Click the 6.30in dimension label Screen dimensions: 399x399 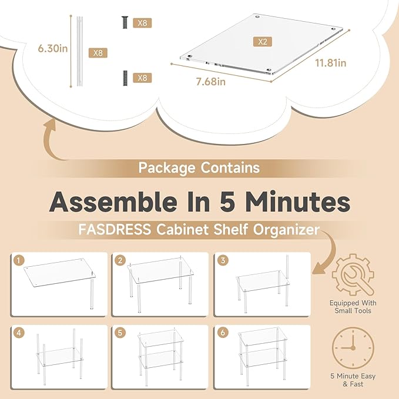coord(53,48)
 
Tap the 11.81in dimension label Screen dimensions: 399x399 coord(331,63)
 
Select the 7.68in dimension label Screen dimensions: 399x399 coord(211,82)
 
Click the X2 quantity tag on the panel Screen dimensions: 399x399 coord(262,42)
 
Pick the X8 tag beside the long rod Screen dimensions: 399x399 coord(98,53)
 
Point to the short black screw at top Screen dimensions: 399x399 coord(125,22)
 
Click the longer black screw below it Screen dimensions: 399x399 coord(125,78)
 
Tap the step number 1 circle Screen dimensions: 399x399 coord(19,260)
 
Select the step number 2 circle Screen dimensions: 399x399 coord(120,260)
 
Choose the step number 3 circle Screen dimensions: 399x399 coord(223,260)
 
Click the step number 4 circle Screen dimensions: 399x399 coord(19,333)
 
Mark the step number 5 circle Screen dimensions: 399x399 coord(120,333)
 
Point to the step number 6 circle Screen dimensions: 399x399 coord(223,333)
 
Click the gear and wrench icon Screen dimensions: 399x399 coord(353,275)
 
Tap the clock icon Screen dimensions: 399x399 coord(353,348)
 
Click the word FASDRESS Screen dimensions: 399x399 coord(115,229)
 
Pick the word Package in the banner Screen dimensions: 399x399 coord(167,168)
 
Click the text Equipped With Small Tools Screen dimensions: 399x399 coord(353,307)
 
